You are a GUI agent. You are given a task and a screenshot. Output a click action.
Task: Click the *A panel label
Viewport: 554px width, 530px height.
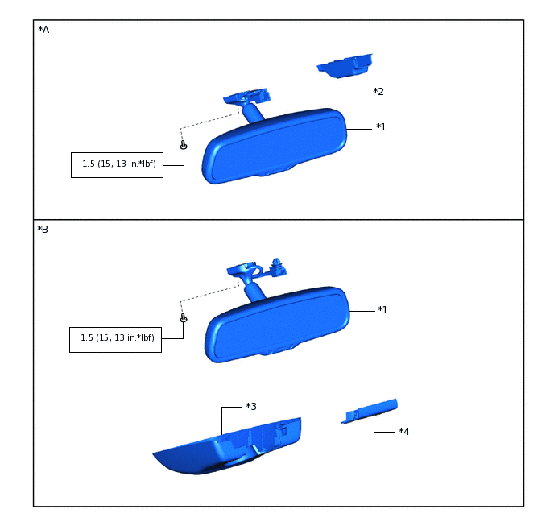coord(43,30)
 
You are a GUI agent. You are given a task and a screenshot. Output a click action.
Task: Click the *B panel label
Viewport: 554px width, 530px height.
coord(43,230)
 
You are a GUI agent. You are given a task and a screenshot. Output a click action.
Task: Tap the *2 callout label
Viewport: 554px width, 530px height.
coord(378,92)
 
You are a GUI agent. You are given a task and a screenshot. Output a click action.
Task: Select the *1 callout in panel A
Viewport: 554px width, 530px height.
coord(381,126)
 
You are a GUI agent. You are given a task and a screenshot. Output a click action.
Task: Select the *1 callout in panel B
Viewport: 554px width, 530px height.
coord(382,310)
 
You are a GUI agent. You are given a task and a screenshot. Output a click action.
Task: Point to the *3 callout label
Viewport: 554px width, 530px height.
coord(251,406)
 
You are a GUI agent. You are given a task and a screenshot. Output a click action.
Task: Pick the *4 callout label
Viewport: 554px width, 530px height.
coord(404,431)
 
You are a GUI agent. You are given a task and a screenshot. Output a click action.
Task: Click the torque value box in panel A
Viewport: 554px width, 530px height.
coord(117,165)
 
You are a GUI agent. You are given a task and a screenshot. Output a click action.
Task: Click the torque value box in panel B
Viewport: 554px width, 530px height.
coord(115,340)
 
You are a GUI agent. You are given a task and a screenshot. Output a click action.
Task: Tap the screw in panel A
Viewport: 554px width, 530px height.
coord(184,145)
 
